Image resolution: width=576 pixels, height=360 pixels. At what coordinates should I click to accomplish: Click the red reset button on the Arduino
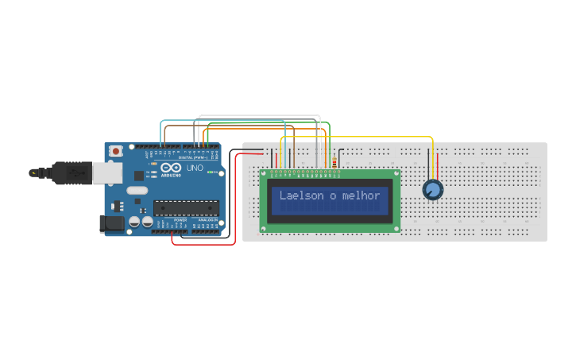(x=116, y=150)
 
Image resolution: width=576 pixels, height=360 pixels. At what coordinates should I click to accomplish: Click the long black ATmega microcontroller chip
(x=186, y=208)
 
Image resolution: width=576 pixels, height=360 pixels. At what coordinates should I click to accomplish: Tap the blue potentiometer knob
(x=432, y=190)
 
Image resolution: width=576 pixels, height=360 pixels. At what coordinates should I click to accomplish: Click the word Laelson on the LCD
(x=302, y=195)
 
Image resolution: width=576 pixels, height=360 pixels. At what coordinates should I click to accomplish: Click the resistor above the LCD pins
(x=335, y=164)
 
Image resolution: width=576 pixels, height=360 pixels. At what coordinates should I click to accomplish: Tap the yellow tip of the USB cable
(x=33, y=172)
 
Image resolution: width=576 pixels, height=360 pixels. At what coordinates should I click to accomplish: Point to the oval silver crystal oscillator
(x=137, y=191)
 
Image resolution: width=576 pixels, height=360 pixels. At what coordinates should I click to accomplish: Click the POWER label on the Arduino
(x=180, y=220)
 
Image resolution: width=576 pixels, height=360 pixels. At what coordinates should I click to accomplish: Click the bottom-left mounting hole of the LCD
(x=265, y=227)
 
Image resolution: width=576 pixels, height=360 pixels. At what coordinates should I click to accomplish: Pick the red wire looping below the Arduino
(x=203, y=245)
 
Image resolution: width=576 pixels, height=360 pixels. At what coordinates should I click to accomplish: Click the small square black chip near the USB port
(x=139, y=175)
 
